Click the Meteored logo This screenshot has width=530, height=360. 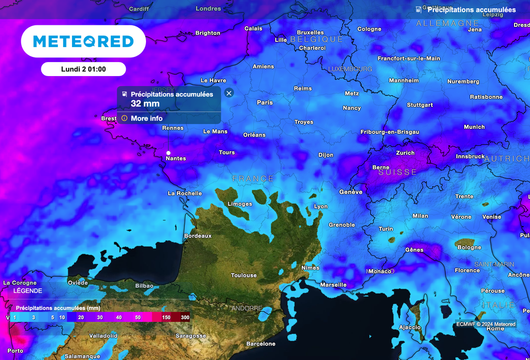point(83,41)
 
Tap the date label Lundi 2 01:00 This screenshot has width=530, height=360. point(83,69)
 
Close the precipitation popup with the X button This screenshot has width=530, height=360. point(229,93)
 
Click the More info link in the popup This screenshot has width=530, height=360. point(146,118)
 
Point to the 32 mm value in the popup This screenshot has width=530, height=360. point(145,103)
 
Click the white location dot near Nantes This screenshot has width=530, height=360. point(168,153)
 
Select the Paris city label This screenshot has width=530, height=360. point(264,102)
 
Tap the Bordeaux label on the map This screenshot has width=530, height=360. point(198,236)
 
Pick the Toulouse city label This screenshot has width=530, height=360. point(243,275)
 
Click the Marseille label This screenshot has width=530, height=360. point(333,285)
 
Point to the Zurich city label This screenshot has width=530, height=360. point(405,153)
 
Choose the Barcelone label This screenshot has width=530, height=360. point(261,344)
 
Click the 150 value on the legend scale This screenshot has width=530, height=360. point(166,317)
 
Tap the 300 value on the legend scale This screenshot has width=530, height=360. point(185,317)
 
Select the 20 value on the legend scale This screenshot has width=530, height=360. point(81,317)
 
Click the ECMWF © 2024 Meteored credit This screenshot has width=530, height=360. point(485,324)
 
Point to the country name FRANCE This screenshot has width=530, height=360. point(253,179)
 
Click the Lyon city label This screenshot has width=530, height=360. point(321,206)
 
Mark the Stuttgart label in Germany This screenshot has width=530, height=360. point(420,105)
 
